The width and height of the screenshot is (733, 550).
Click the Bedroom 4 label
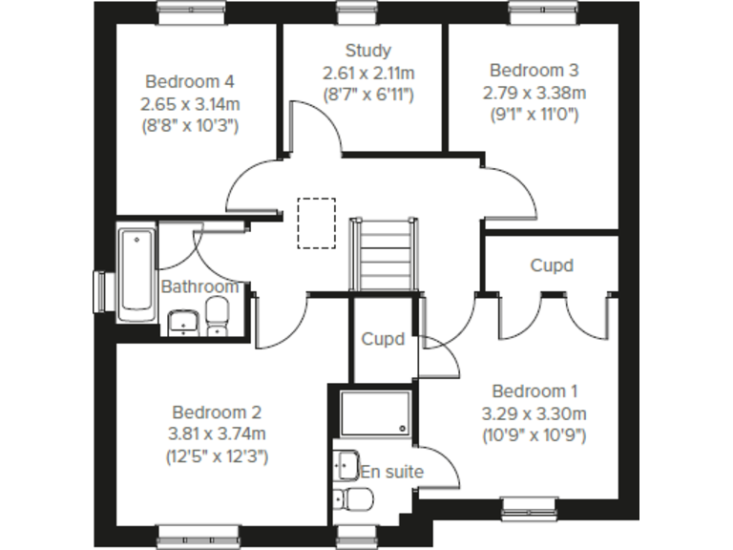tap(190, 82)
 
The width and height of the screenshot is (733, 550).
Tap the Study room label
tap(367, 51)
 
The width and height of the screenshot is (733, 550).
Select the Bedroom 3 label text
tap(534, 71)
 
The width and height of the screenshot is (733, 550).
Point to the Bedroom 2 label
tap(216, 412)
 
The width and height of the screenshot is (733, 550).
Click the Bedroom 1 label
tap(534, 391)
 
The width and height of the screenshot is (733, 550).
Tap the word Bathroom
tap(199, 286)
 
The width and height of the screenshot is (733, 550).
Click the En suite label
tap(391, 472)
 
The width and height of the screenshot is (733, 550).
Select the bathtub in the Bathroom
tap(136, 270)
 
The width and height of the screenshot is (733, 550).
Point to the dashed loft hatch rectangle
tap(316, 222)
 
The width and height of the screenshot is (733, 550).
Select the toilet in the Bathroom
tap(219, 316)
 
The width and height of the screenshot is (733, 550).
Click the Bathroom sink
tap(182, 323)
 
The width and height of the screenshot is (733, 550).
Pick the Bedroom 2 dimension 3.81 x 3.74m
tap(216, 434)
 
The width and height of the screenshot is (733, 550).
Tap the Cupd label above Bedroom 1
tap(552, 265)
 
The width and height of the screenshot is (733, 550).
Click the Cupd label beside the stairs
tap(382, 339)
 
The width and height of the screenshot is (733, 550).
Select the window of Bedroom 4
tap(191, 11)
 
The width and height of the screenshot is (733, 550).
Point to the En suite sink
tap(346, 465)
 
